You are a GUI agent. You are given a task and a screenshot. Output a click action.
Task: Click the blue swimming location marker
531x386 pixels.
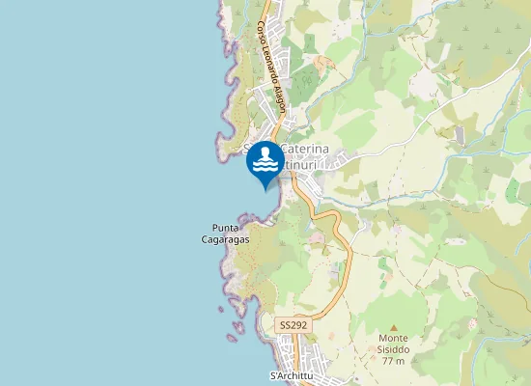(265, 163)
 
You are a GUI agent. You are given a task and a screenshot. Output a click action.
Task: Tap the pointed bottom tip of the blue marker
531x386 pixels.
(265, 190)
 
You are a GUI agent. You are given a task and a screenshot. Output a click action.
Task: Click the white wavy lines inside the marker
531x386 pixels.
(265, 170)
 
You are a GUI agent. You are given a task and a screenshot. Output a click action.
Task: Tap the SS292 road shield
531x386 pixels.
(293, 326)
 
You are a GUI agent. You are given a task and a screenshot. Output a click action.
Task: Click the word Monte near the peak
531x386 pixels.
(394, 338)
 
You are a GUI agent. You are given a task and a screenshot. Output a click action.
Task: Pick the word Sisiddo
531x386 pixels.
(394, 349)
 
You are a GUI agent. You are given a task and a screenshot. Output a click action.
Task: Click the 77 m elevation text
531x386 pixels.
(394, 361)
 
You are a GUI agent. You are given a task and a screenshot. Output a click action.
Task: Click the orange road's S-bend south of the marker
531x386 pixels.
(338, 232)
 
